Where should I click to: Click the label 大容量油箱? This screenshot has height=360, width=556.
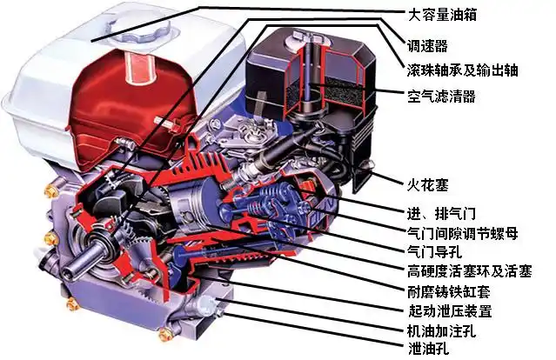coord(442,14)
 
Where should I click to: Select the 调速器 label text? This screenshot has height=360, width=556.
coord(427,44)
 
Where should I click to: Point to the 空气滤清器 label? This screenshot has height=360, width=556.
coord(441,97)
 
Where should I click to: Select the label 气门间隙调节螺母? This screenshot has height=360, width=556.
coord(461,233)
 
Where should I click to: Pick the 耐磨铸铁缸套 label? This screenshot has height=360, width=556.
coord(448,290)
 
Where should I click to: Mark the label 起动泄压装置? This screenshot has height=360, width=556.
coord(448,310)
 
